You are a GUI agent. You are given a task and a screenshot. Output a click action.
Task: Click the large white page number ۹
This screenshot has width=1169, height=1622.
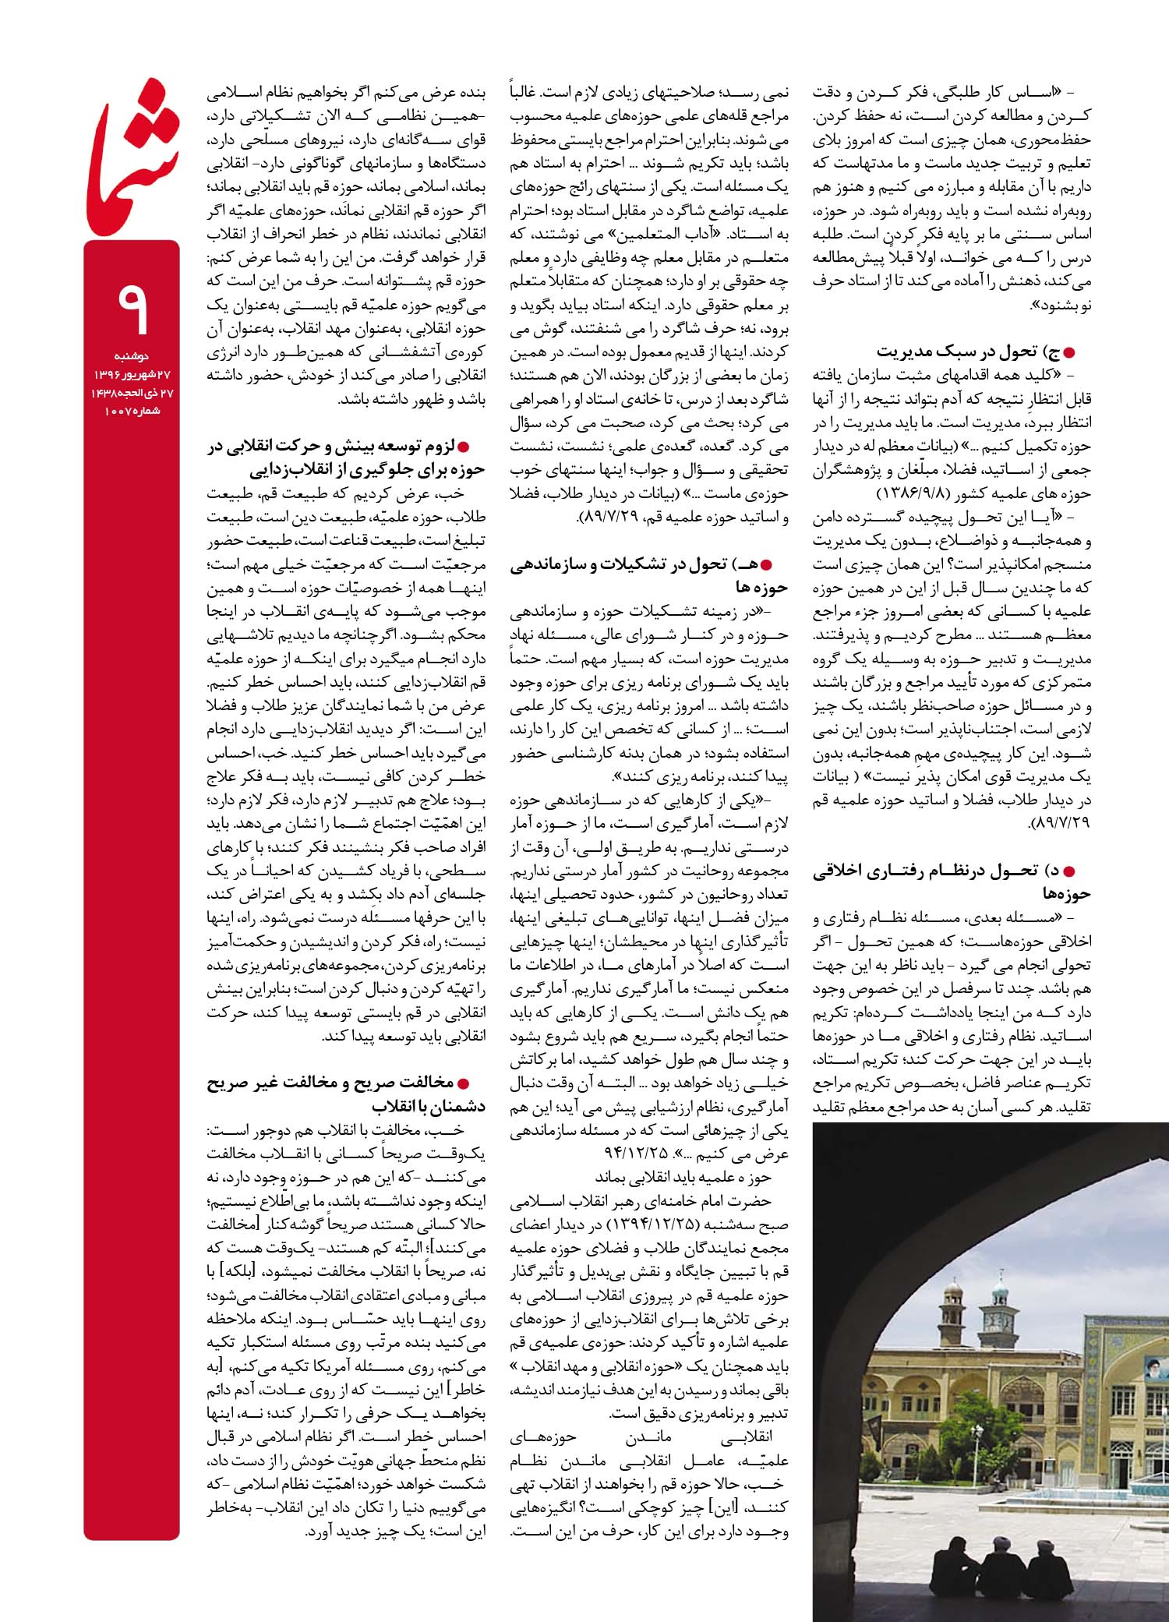(x=132, y=307)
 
